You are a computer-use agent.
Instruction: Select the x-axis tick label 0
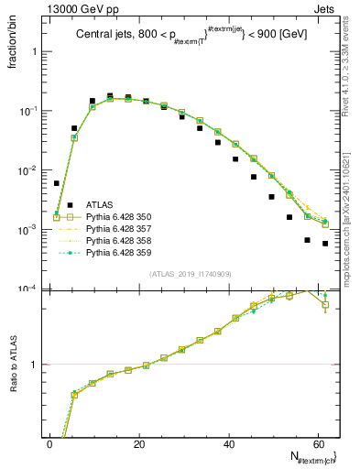[x=49, y=443]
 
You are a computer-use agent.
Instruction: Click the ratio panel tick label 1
[x=35, y=365]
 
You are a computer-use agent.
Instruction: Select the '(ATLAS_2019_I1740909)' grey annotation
[x=191, y=274]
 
